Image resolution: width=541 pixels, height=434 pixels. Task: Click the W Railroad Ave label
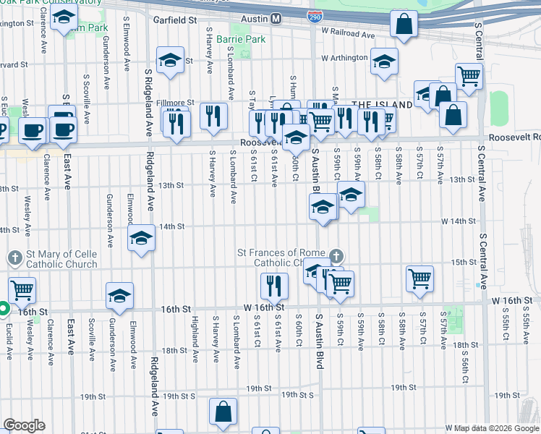point(349,34)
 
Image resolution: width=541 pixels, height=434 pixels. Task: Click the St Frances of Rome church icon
point(336,256)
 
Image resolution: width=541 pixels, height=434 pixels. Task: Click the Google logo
point(24,425)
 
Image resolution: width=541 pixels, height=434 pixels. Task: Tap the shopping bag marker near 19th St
point(223,412)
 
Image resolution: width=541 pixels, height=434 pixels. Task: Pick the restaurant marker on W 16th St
point(274,286)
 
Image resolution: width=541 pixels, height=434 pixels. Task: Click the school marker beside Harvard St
point(171,61)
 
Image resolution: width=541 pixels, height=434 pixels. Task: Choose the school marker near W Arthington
point(384,61)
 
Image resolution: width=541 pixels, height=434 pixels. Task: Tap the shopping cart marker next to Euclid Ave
point(22,290)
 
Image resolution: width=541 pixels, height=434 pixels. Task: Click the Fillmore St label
point(176,103)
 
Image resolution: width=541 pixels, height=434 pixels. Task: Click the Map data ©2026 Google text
point(492,428)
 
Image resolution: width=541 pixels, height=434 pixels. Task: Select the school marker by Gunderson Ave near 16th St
point(119,295)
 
